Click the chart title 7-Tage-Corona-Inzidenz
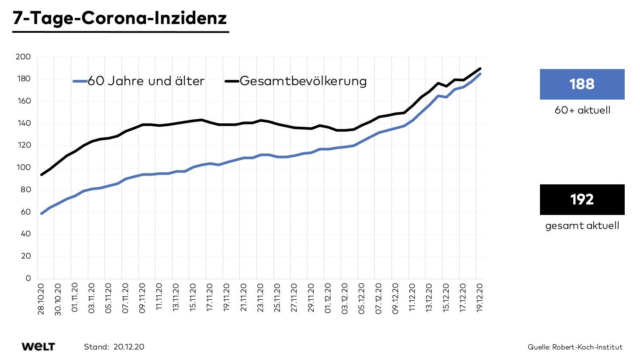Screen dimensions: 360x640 point(120,18)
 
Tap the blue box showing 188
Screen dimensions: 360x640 point(582,84)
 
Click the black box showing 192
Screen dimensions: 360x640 point(582,199)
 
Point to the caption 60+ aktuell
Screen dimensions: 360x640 point(582,110)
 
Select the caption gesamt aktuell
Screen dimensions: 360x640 point(582,226)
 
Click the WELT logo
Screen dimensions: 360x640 point(38,347)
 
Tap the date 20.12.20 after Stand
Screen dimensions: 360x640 point(129,347)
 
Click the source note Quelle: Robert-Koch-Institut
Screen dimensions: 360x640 point(575,347)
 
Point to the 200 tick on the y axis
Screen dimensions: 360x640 point(23,57)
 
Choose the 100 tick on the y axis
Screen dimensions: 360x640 point(23,167)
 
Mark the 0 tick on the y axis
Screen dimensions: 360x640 point(28,278)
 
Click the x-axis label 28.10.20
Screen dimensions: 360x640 point(41,299)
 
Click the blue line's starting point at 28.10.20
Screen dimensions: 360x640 point(42,214)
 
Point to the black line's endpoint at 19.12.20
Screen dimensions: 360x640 point(481,69)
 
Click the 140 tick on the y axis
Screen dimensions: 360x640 point(23,123)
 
